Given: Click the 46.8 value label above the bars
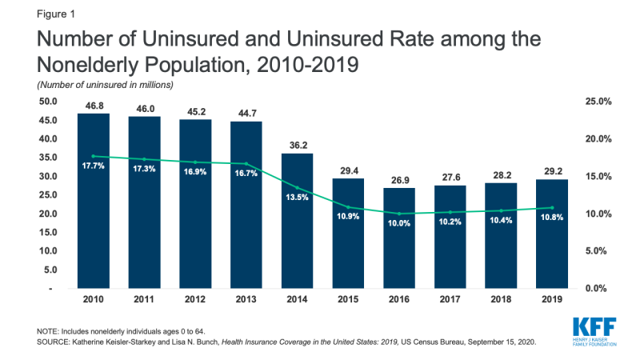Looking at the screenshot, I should [94, 105].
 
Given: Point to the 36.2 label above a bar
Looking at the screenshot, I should [298, 145].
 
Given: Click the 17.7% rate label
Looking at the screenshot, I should [94, 166].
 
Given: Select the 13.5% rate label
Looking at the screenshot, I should [298, 198].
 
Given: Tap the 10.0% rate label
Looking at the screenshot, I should [399, 224].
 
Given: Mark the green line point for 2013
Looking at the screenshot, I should [246, 163].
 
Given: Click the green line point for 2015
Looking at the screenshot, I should [349, 207].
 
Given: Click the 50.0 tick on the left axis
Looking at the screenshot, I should [49, 101].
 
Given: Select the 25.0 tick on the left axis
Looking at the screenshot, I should [49, 194].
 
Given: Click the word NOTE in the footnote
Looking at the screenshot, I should [47, 330].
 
